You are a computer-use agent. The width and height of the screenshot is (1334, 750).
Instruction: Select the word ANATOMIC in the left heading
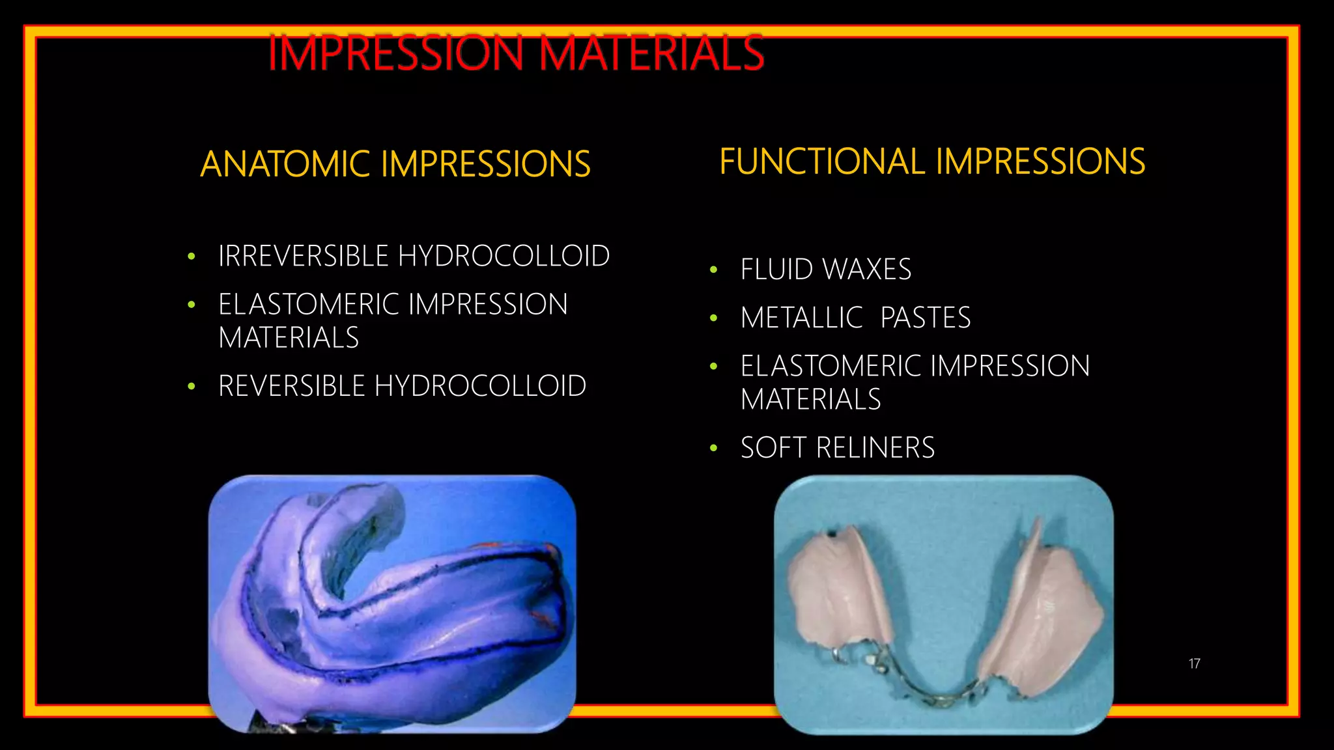pos(286,164)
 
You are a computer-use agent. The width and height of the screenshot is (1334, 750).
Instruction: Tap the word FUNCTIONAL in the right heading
pos(823,161)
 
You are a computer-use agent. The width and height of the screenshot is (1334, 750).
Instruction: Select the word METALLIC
pos(801,318)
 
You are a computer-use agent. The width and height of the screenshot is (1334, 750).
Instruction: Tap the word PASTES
pos(925,318)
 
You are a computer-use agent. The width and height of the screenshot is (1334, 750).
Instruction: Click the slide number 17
pos(1194,663)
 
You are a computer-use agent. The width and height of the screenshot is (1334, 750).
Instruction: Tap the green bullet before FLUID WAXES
pos(714,270)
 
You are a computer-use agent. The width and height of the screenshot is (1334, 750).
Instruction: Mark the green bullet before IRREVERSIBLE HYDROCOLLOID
pos(191,257)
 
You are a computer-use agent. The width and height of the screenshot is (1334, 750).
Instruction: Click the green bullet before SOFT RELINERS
pos(714,448)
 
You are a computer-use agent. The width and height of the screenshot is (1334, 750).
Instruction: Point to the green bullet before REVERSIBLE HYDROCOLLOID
pos(191,387)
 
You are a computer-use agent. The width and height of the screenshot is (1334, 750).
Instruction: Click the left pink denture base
pos(837,596)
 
